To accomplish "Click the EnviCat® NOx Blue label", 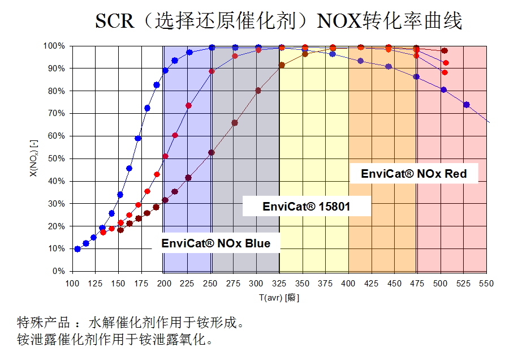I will pos(216,243).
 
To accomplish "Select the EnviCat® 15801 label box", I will pos(307,207).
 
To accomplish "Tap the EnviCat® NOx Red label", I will pos(414,174).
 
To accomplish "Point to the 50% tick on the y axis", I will pos(58,158).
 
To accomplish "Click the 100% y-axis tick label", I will pos(55,46).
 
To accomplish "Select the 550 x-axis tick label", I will pos(487,282).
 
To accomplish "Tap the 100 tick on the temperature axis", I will pos(72,282).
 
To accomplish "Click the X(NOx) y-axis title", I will pos(36,158).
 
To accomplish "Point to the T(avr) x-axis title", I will pos(278,298).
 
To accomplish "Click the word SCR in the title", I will pos(114,21).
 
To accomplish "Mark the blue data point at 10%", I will pos(77,249).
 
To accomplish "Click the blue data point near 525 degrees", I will pos(467,105).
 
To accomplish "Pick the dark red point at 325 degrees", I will pos(282,65).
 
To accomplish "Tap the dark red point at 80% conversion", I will pos(258,91).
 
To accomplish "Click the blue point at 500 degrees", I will pos(443,89).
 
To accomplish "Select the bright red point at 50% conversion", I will pos(165,156).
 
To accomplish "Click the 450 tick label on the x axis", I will pos(395,282).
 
